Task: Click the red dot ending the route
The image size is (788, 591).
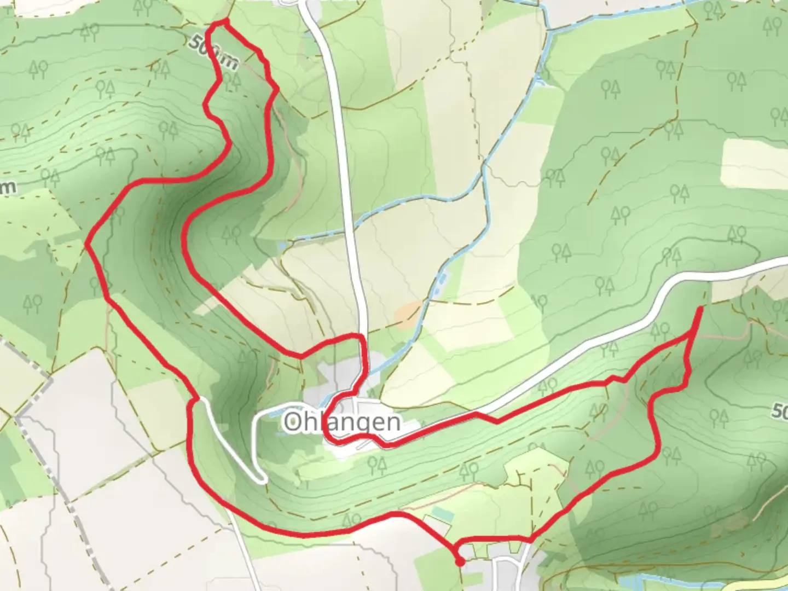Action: tap(460, 561)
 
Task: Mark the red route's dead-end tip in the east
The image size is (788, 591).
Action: tap(701, 310)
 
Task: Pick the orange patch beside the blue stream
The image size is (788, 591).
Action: tap(410, 313)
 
